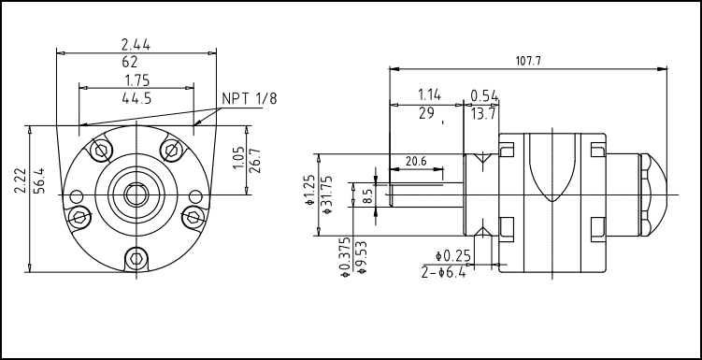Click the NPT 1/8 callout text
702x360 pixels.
[x=250, y=99]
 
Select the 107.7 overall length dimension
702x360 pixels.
[x=528, y=62]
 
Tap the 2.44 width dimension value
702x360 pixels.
[x=136, y=44]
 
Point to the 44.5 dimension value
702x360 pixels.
[x=136, y=98]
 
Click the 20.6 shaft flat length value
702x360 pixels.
[x=416, y=162]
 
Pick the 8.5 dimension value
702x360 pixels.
[x=367, y=196]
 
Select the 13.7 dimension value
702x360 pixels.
[x=483, y=114]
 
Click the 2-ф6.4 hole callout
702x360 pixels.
[x=444, y=272]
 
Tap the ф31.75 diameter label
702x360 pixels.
[x=328, y=194]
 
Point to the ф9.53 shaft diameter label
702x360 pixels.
[x=362, y=257]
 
